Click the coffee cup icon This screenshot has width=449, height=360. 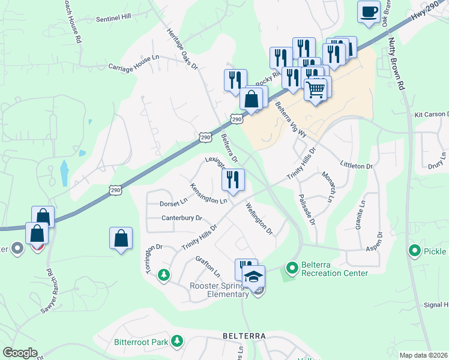point(369,11)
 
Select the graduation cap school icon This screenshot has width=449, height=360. point(253,277)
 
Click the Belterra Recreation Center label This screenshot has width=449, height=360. point(334,268)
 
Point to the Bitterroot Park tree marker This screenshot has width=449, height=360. point(177,341)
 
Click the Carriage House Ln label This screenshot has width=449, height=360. point(133,64)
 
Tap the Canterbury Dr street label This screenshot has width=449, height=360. point(182,218)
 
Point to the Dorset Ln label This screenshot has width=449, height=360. point(173,203)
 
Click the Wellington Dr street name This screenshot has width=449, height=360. point(259,218)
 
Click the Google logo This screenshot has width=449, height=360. point(20,352)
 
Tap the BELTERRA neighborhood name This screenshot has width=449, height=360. point(244,336)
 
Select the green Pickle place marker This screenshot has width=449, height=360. point(413,251)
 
